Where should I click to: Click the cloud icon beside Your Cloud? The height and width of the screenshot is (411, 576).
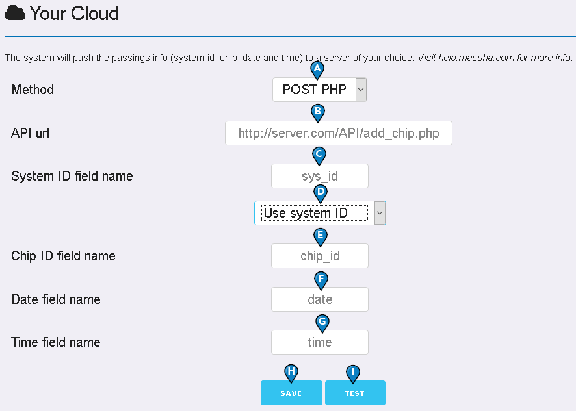tap(15, 13)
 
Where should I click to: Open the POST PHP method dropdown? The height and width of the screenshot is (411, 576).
tap(320, 90)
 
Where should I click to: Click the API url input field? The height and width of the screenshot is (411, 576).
tap(338, 133)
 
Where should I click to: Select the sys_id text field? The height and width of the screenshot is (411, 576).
tap(320, 176)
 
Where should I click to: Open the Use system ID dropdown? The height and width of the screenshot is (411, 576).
tap(320, 213)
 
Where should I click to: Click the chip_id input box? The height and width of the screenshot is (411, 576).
tap(320, 256)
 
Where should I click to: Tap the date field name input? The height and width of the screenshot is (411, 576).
tap(320, 299)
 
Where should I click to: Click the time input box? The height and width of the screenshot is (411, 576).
tap(320, 342)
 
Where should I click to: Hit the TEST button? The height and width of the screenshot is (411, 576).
tap(355, 393)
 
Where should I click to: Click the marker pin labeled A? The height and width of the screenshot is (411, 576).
tap(317, 70)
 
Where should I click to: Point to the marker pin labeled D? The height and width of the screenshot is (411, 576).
tap(321, 193)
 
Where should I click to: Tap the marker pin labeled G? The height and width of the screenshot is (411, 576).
tap(322, 323)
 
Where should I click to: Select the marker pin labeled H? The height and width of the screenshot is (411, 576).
tap(291, 373)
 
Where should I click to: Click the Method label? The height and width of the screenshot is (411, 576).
tap(33, 90)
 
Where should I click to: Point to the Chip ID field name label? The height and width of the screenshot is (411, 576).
tap(63, 256)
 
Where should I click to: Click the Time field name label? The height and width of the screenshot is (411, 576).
tap(56, 342)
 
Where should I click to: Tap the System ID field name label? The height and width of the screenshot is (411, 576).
tap(72, 176)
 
